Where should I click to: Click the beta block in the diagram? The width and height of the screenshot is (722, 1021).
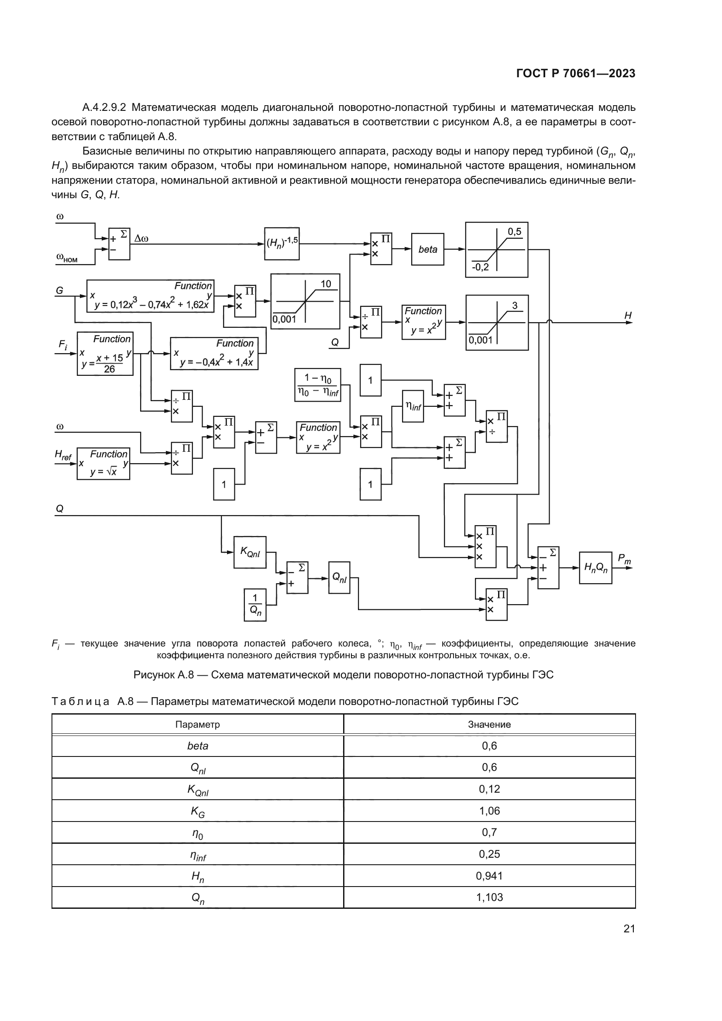[427, 250]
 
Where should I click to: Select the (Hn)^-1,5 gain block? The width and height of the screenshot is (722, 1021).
[282, 244]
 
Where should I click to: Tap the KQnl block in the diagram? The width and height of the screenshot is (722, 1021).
[250, 552]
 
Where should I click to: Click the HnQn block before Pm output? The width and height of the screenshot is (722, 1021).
[595, 567]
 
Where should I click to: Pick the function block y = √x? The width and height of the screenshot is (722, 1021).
[103, 464]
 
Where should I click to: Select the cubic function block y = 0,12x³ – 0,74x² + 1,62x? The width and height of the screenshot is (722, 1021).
[150, 296]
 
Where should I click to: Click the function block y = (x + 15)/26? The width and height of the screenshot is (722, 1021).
[105, 354]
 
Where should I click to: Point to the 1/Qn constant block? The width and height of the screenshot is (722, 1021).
[255, 605]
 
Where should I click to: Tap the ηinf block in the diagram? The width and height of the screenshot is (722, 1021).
[413, 406]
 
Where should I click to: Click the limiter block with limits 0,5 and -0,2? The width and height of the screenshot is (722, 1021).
[497, 250]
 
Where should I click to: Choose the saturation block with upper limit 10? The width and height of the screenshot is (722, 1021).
[305, 301]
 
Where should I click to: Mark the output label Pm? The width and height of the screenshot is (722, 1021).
[624, 559]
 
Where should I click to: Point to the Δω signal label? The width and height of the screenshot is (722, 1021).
[141, 239]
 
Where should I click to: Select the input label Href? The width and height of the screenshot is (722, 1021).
[63, 454]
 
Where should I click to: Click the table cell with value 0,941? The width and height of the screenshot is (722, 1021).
[489, 876]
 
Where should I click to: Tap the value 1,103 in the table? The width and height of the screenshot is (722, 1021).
[489, 897]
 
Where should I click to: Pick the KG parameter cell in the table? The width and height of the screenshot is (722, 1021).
[197, 811]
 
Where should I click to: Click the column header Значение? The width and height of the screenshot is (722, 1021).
[489, 725]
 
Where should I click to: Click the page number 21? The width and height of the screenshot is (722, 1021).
[629, 928]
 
